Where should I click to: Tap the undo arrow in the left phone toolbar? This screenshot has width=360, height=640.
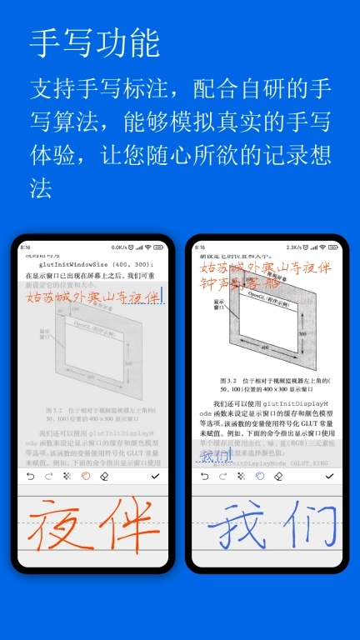(31, 476)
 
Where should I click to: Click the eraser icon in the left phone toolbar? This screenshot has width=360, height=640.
(104, 476)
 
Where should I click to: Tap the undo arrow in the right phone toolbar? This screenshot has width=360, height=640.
(205, 476)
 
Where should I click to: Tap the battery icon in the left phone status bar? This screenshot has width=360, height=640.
(159, 247)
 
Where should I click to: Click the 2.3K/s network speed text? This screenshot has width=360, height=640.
(295, 247)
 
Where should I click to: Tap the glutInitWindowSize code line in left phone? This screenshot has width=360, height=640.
(92, 264)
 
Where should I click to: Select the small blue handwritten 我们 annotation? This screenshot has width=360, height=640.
(216, 457)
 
